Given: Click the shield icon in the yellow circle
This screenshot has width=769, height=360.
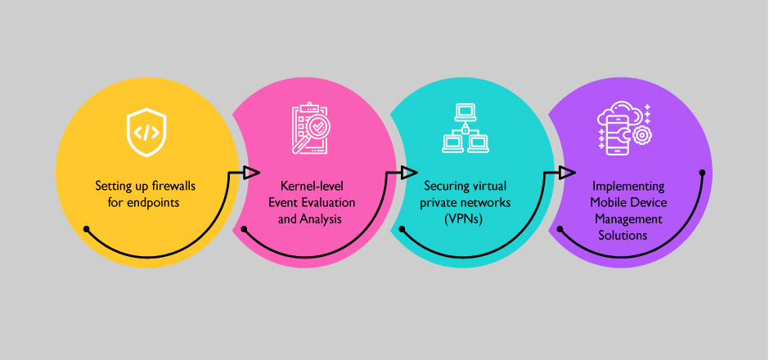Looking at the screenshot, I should (146, 132).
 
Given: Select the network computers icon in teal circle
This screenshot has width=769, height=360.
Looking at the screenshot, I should (463, 128).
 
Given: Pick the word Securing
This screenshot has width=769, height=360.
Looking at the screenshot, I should (443, 186).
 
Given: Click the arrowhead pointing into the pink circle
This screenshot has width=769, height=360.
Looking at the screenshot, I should (251, 173).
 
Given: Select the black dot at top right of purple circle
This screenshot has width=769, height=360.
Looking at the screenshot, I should (703, 173).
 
